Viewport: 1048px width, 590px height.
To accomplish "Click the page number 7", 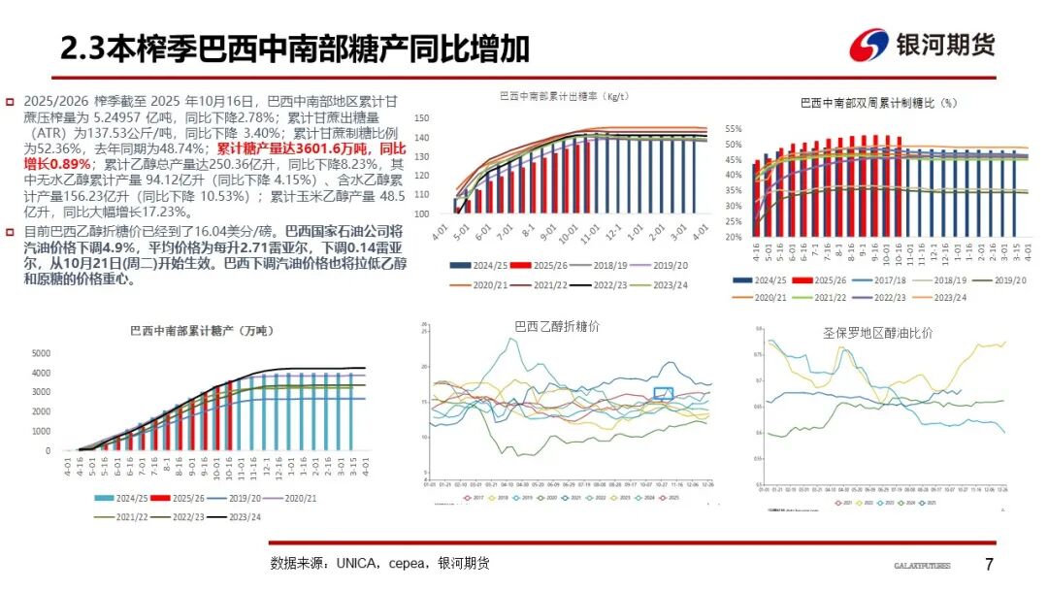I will [989, 565].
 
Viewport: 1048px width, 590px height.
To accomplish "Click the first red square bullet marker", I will [11, 102].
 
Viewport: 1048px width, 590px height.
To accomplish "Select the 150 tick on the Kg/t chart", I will [421, 118].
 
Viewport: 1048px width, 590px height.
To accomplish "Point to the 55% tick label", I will [733, 128].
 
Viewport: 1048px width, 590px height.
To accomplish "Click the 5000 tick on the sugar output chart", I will [41, 353].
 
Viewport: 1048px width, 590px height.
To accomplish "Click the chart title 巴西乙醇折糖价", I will [557, 327].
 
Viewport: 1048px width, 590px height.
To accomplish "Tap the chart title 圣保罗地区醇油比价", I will [878, 333].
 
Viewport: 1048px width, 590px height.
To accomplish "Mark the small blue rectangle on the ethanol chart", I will [663, 393].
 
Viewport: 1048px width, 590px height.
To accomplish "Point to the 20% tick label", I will [733, 237].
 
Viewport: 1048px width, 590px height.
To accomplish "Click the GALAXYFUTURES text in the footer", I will [922, 566].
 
